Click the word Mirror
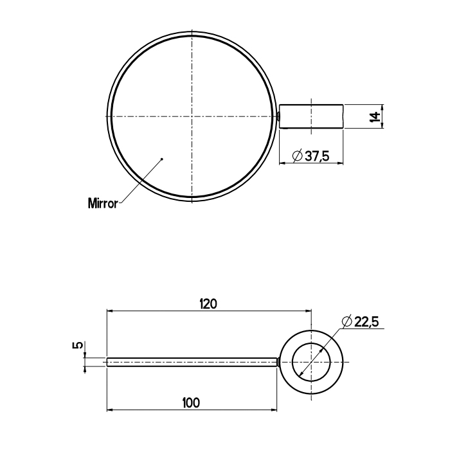[x=103, y=203]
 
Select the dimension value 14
[x=375, y=116]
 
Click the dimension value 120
[x=209, y=304]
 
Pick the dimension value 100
[x=191, y=403]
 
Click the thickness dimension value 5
[x=78, y=345]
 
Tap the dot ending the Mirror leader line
[x=162, y=159]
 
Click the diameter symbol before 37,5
[x=297, y=156]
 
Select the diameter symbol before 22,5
[x=347, y=321]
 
